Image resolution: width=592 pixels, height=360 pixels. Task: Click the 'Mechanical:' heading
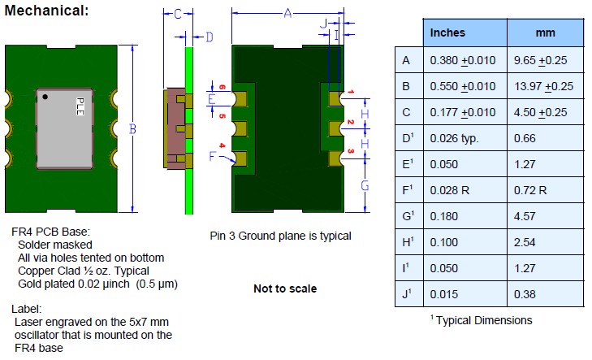(x=46, y=12)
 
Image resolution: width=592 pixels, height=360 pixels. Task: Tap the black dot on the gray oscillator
(x=46, y=98)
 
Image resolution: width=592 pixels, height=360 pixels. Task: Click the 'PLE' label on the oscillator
(x=80, y=106)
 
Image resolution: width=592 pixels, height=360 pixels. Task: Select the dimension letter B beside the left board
(x=132, y=128)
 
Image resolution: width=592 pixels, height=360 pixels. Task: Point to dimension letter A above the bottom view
(x=287, y=13)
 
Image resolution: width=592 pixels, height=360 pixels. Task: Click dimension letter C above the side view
(x=178, y=14)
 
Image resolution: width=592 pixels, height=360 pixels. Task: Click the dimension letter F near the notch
(x=213, y=157)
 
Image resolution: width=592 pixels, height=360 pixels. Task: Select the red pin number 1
(x=351, y=93)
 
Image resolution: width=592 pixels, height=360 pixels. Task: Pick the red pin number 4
(x=221, y=146)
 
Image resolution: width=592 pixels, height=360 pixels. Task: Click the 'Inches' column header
(x=447, y=33)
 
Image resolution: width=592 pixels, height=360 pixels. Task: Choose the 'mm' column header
(x=545, y=33)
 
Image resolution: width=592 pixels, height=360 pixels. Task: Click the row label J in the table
(x=407, y=297)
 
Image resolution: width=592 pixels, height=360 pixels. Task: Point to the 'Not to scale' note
(x=285, y=288)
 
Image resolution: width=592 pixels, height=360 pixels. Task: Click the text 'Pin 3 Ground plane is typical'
(x=280, y=236)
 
